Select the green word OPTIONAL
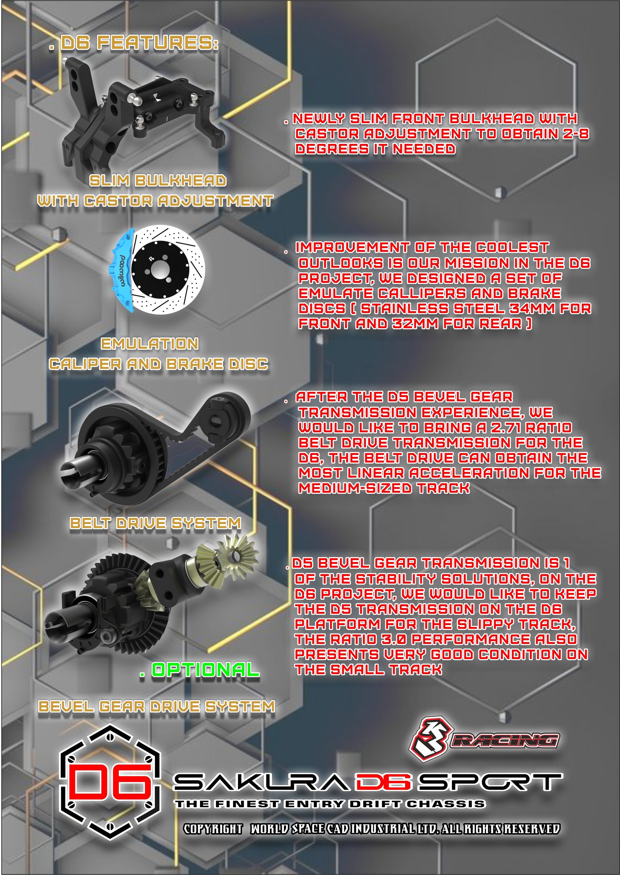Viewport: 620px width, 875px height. point(205,670)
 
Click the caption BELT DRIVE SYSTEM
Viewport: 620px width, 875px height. point(155,523)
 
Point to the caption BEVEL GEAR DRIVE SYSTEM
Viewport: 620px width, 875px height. point(157,706)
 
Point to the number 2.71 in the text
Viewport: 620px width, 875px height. point(506,427)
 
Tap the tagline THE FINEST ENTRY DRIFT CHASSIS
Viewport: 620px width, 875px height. point(330,804)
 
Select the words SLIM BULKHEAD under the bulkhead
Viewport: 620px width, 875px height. point(158,181)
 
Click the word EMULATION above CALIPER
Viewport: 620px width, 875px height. point(150,344)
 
